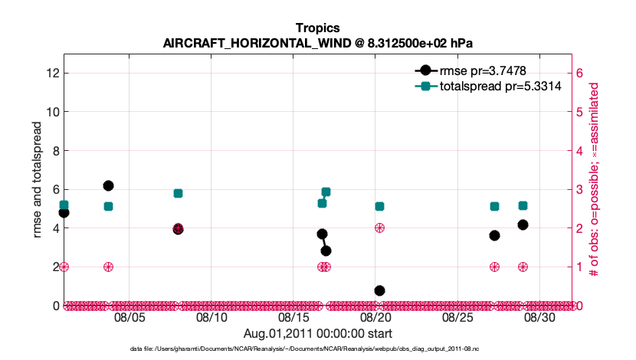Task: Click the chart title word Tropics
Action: coord(317,28)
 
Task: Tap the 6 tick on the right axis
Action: coord(580,74)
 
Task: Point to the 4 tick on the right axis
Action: coord(580,151)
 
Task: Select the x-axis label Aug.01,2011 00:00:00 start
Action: coord(317,333)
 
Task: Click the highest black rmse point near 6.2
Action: coord(108,185)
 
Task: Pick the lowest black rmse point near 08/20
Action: coord(379,290)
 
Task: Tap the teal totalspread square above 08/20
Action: coord(379,206)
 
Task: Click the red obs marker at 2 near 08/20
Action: coord(379,227)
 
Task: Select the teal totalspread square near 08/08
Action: coord(178,193)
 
